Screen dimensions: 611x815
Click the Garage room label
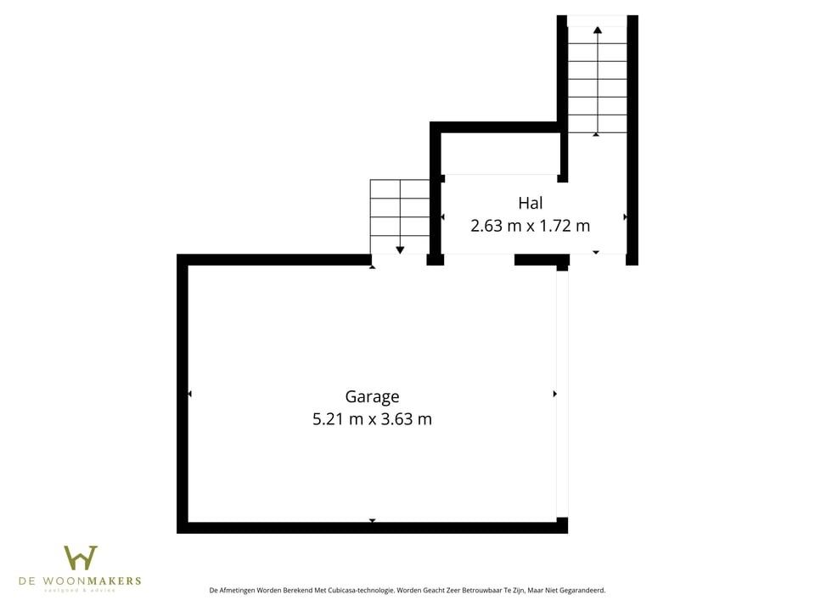tap(372, 396)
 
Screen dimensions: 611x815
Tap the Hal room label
tap(530, 203)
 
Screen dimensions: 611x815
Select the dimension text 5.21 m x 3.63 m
tap(372, 418)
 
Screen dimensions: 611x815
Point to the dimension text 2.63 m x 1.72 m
tap(530, 226)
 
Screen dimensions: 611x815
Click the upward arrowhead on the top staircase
tap(598, 30)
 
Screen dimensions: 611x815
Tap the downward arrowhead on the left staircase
tap(400, 249)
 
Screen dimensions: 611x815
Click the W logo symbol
tap(81, 558)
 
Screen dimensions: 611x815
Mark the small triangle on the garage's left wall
tap(189, 394)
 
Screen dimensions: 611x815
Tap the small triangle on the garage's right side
tap(554, 394)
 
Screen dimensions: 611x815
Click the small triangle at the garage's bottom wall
tap(372, 520)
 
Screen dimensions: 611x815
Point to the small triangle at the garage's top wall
tap(372, 267)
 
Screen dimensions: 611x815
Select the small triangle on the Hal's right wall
tap(626, 217)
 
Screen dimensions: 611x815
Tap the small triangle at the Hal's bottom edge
tap(596, 252)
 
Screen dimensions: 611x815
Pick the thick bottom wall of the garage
tap(372, 528)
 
